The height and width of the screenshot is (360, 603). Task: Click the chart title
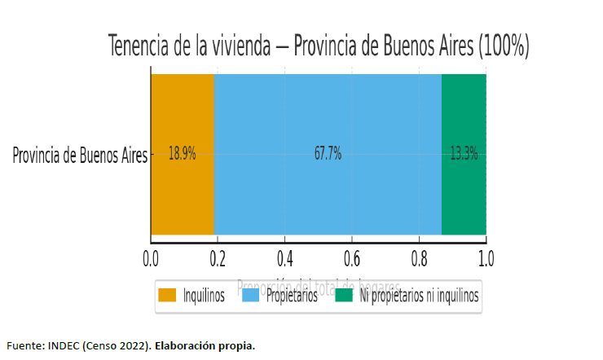(x=319, y=46)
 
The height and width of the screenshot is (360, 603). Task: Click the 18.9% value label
(x=182, y=154)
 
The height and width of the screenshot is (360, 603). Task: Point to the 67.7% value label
(x=328, y=154)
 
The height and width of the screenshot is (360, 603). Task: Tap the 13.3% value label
(x=464, y=154)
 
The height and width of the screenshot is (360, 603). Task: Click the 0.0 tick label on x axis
(x=151, y=260)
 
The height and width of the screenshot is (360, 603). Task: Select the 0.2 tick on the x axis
(x=218, y=260)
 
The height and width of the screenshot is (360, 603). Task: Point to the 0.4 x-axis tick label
(x=284, y=260)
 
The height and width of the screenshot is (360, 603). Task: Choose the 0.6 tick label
(x=352, y=260)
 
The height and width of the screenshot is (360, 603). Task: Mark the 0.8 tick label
(x=419, y=260)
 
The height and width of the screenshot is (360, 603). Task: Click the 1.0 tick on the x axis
(x=486, y=260)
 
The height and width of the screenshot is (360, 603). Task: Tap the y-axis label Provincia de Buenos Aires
(x=80, y=155)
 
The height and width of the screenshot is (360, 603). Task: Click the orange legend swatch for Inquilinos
(x=168, y=296)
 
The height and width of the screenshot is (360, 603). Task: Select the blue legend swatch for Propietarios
(x=250, y=296)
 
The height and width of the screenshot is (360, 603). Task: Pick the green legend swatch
(x=343, y=296)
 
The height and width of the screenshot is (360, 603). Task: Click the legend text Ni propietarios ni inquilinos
(x=420, y=296)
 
